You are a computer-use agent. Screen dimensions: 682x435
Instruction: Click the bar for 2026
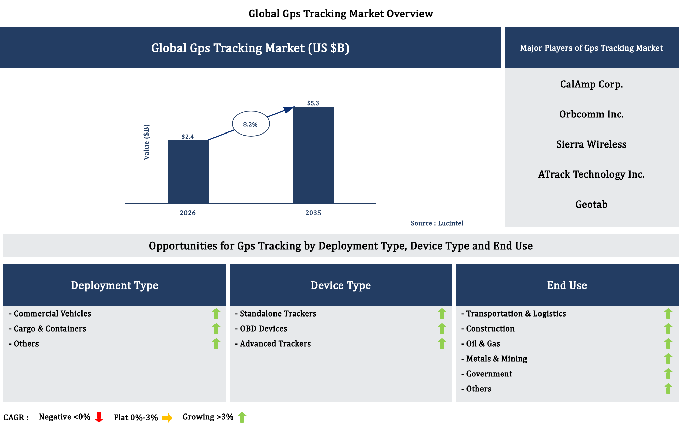pyautogui.click(x=188, y=171)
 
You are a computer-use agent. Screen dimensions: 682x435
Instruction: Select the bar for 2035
pyautogui.click(x=313, y=155)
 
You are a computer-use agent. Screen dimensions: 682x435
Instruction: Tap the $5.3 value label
pyautogui.click(x=313, y=103)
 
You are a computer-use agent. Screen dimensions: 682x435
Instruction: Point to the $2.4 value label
pyautogui.click(x=188, y=137)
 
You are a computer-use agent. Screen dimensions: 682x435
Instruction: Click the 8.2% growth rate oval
pyautogui.click(x=251, y=124)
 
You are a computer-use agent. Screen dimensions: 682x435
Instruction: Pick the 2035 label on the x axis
pyautogui.click(x=313, y=213)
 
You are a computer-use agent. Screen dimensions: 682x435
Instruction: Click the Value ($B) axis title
pyautogui.click(x=146, y=142)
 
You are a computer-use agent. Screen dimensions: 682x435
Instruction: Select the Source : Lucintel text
pyautogui.click(x=437, y=223)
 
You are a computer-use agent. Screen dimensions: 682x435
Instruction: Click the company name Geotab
pyautogui.click(x=591, y=204)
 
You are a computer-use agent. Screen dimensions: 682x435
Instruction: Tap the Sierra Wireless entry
pyautogui.click(x=591, y=144)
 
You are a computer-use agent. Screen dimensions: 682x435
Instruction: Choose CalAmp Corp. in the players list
pyautogui.click(x=591, y=84)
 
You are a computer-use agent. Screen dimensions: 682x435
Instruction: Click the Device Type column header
pyautogui.click(x=341, y=285)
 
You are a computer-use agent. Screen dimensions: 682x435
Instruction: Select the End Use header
pyautogui.click(x=567, y=285)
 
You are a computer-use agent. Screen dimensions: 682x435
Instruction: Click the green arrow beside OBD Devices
pyautogui.click(x=442, y=328)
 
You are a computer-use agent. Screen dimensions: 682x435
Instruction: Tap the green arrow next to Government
pyautogui.click(x=668, y=374)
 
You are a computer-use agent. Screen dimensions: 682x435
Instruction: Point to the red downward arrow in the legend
pyautogui.click(x=99, y=417)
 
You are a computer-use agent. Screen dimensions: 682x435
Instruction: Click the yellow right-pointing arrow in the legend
pyautogui.click(x=167, y=418)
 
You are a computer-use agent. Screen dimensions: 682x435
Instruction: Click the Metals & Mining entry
pyautogui.click(x=494, y=359)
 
